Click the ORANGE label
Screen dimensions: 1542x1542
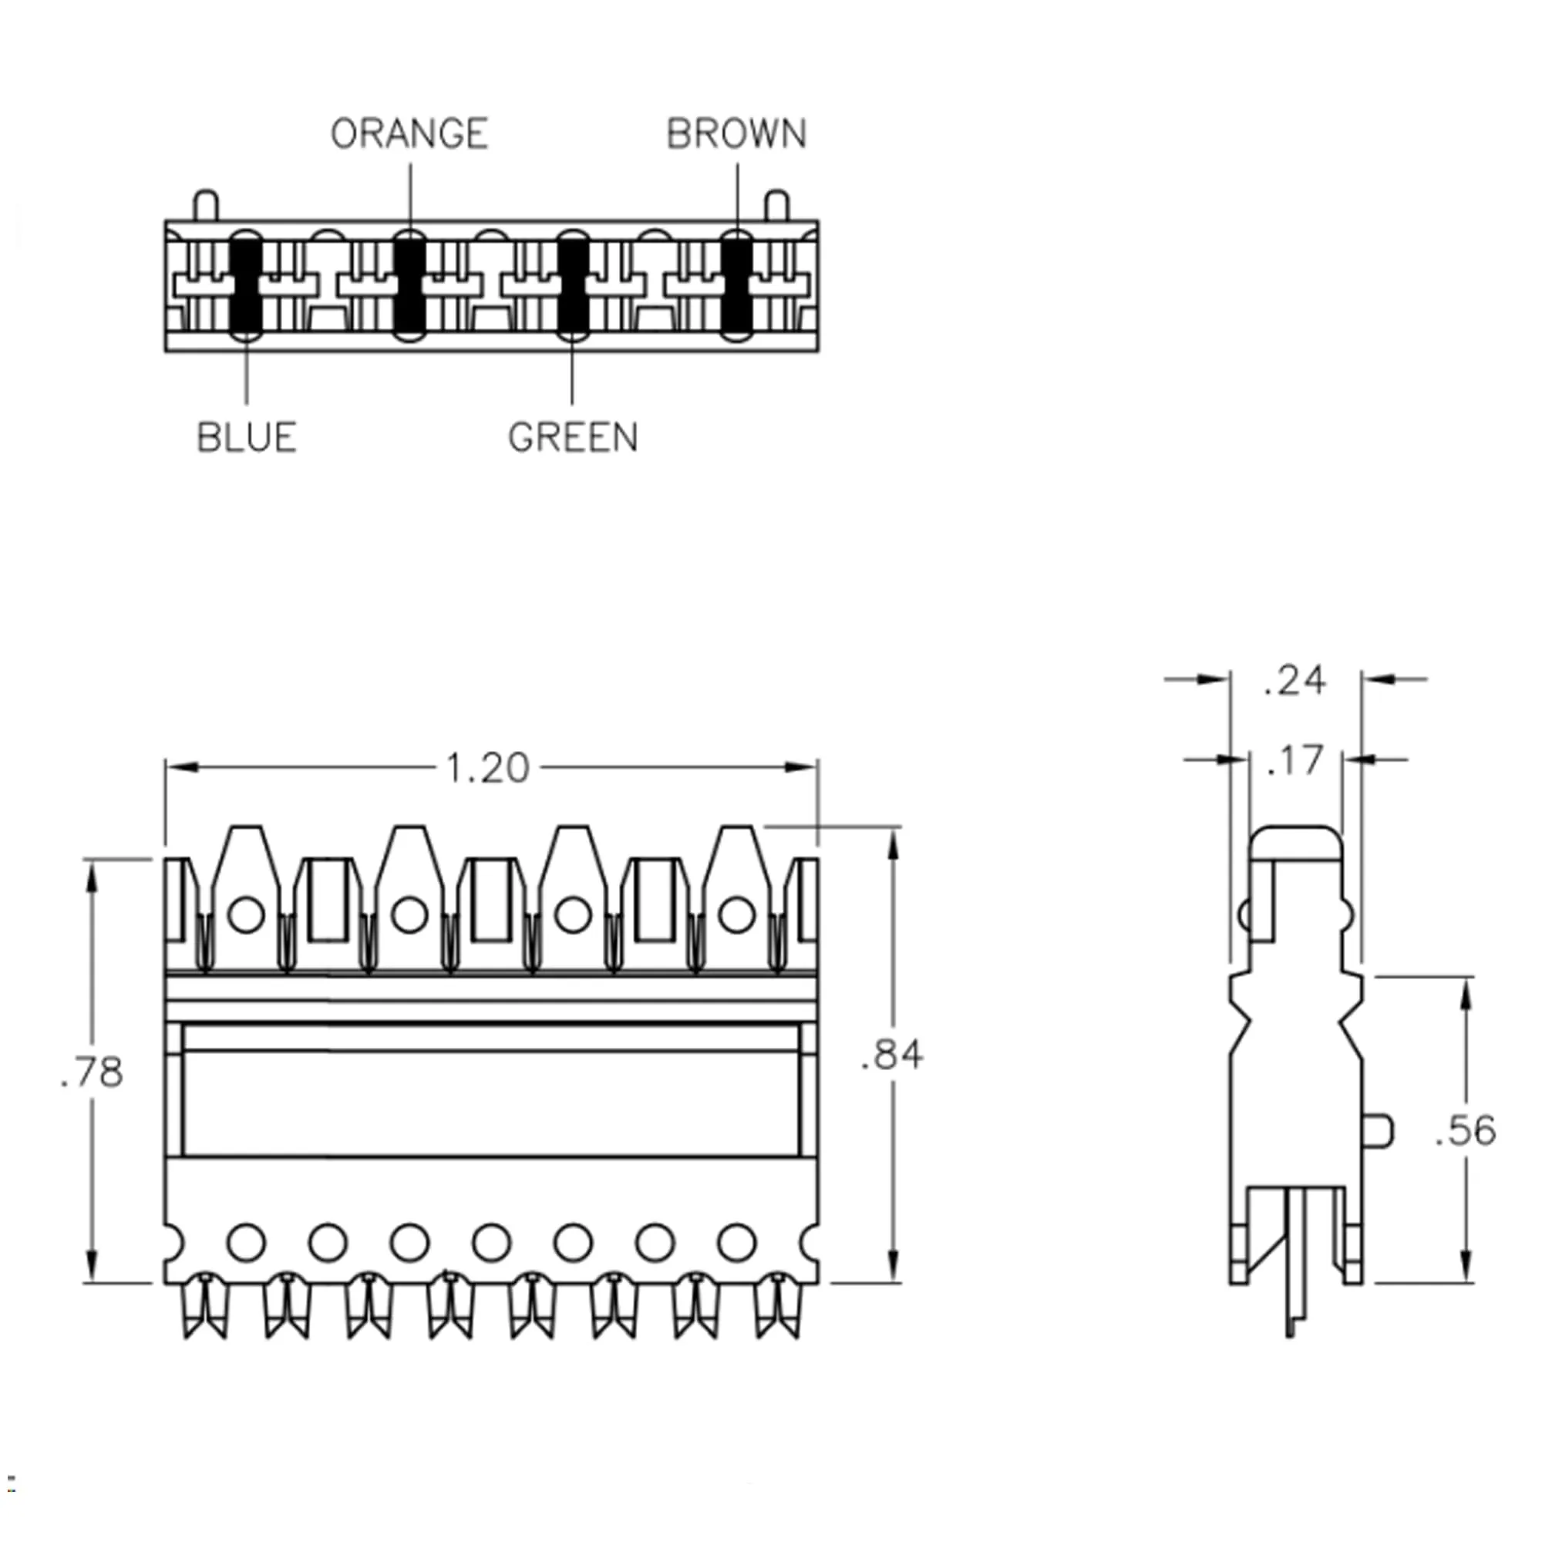pyautogui.click(x=409, y=133)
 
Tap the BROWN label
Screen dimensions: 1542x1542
pyautogui.click(x=736, y=133)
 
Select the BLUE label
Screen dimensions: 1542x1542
pyautogui.click(x=247, y=437)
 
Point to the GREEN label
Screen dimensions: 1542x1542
pyautogui.click(x=572, y=437)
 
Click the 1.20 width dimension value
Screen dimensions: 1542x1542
pyautogui.click(x=487, y=769)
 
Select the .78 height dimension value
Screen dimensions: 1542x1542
pyautogui.click(x=93, y=1072)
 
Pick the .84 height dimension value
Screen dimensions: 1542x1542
pyautogui.click(x=892, y=1055)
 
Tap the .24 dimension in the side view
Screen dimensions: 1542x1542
pyautogui.click(x=1295, y=681)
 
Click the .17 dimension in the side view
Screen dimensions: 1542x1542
pyautogui.click(x=1295, y=761)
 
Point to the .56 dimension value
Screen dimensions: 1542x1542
pyautogui.click(x=1466, y=1130)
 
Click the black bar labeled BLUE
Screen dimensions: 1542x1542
pyautogui.click(x=246, y=286)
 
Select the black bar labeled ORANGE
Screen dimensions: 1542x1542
pyautogui.click(x=409, y=286)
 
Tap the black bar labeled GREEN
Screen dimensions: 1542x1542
pyautogui.click(x=572, y=286)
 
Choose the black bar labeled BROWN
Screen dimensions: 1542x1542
pyautogui.click(x=736, y=286)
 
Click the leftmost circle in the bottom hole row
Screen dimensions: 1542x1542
pyautogui.click(x=246, y=1242)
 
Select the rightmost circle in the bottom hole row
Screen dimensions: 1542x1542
pyautogui.click(x=736, y=1242)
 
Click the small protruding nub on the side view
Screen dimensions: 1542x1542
pyautogui.click(x=1379, y=1130)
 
